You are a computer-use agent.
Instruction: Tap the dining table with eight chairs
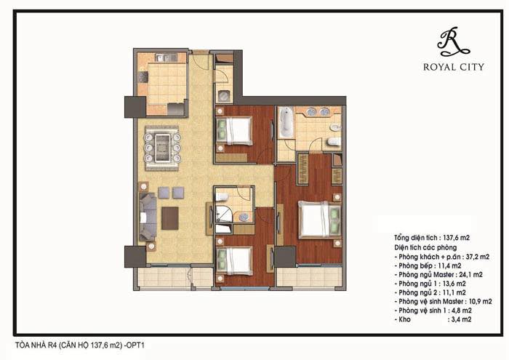pos(162,148)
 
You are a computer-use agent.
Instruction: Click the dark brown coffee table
pos(170,217)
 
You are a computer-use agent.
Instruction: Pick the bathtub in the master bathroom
pos(285,124)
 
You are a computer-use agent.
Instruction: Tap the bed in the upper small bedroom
pos(237,131)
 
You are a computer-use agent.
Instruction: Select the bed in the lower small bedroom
pos(237,260)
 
